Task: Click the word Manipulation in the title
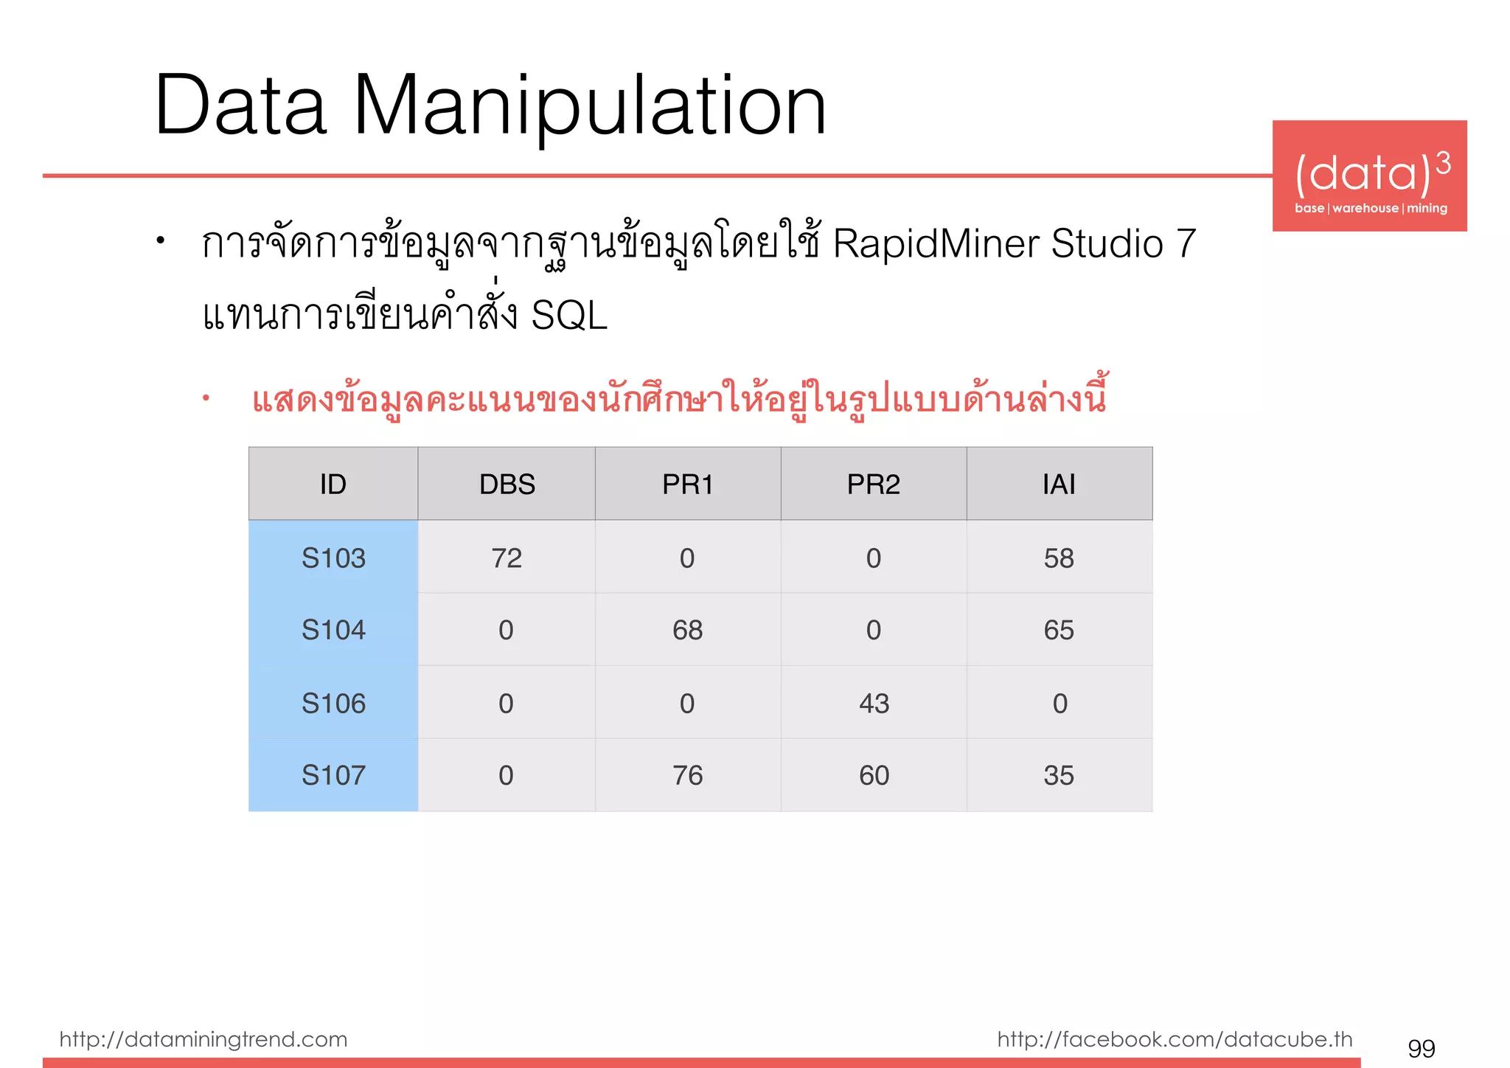click(590, 107)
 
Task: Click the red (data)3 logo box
click(1369, 176)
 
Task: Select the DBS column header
click(507, 485)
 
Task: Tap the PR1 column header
click(687, 485)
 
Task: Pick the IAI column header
click(1059, 485)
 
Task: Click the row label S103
click(333, 558)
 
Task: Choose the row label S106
click(333, 704)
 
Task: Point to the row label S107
click(333, 775)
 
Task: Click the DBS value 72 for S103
click(507, 558)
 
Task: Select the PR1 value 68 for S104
click(687, 631)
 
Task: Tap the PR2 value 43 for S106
click(874, 704)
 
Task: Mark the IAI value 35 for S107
click(1059, 775)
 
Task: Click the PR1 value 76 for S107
click(687, 775)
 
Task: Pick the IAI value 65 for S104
click(1059, 631)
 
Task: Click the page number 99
click(1421, 1048)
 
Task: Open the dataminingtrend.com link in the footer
click(203, 1039)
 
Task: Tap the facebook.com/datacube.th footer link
click(1175, 1039)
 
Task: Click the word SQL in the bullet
click(569, 316)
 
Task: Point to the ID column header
click(333, 485)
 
